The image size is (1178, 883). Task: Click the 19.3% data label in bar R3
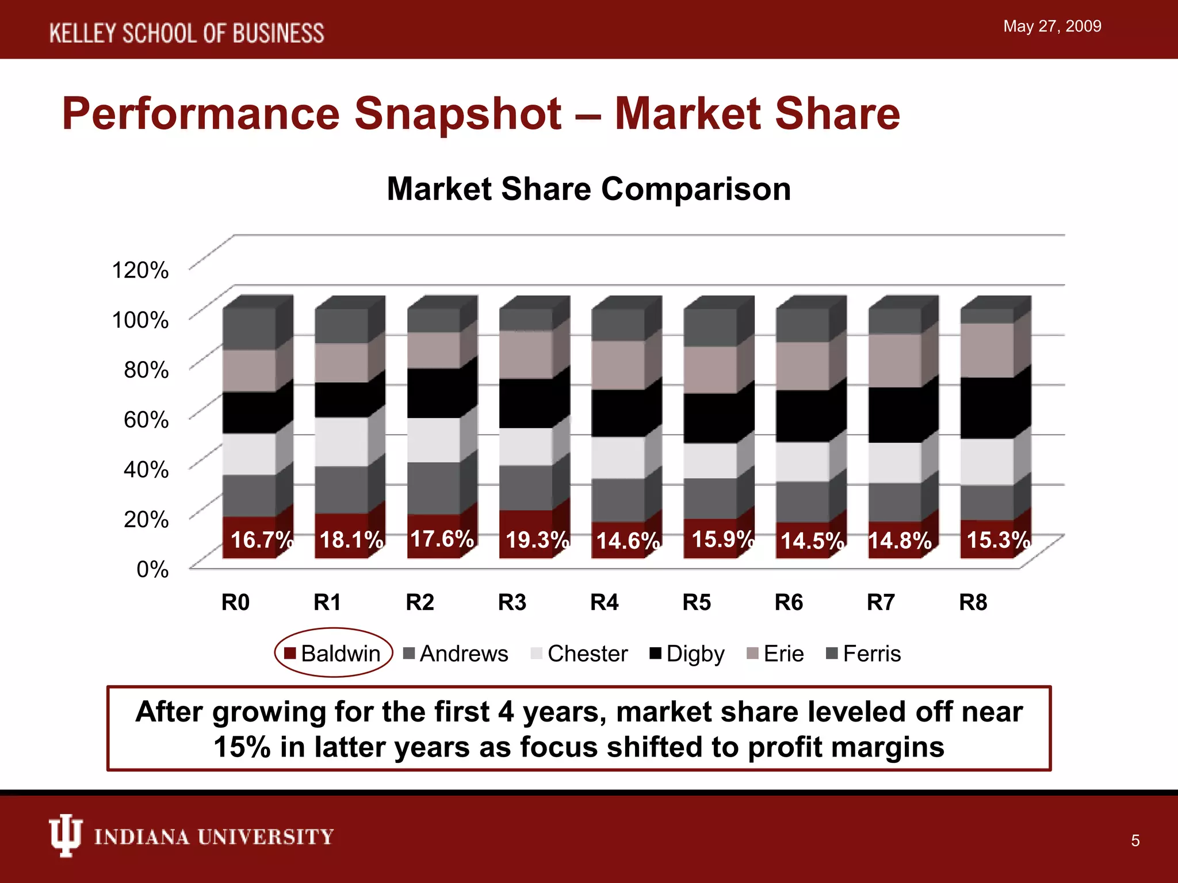pyautogui.click(x=537, y=540)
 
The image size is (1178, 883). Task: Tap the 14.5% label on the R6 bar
pyautogui.click(x=812, y=541)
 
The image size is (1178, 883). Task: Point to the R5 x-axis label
pyautogui.click(x=697, y=602)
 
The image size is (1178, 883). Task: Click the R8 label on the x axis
pyautogui.click(x=973, y=602)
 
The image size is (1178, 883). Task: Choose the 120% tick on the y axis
pyautogui.click(x=140, y=270)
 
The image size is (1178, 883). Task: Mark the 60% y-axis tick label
pyautogui.click(x=146, y=420)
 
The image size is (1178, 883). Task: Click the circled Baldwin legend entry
pyautogui.click(x=334, y=653)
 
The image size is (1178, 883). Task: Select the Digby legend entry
pyautogui.click(x=687, y=654)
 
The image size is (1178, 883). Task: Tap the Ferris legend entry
pyautogui.click(x=863, y=654)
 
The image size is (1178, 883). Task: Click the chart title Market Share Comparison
pyautogui.click(x=588, y=189)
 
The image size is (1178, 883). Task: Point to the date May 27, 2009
pyautogui.click(x=1052, y=26)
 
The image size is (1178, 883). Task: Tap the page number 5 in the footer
pyautogui.click(x=1135, y=840)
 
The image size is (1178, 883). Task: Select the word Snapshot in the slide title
pyautogui.click(x=457, y=113)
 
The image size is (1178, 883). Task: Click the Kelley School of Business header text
pyautogui.click(x=186, y=33)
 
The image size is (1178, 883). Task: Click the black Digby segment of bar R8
pyautogui.click(x=986, y=408)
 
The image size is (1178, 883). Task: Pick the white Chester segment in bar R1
pyautogui.click(x=341, y=441)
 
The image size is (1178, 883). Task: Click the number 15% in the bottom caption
pyautogui.click(x=242, y=747)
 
